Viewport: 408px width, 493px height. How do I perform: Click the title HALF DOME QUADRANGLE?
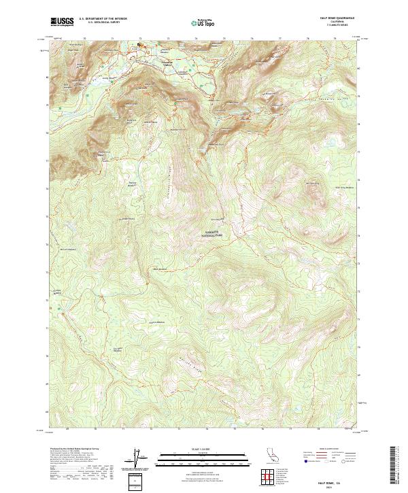click(x=341, y=18)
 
